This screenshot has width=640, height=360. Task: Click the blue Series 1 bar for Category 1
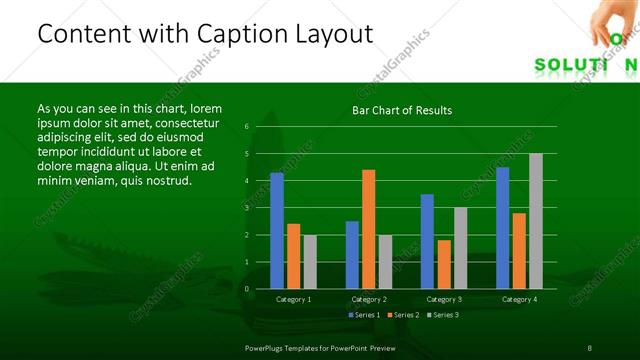pos(277,230)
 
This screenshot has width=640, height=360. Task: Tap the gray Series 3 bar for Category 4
pos(536,221)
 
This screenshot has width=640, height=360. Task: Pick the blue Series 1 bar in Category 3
pos(427,241)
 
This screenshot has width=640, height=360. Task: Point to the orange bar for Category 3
pos(443,264)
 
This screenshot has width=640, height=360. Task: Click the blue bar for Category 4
pos(503,228)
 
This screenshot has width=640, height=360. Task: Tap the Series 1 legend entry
pos(361,315)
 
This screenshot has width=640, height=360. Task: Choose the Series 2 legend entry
pos(402,315)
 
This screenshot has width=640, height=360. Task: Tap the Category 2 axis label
pos(369,299)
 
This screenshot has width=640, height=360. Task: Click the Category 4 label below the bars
pos(519,299)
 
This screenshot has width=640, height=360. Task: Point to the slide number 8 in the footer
pos(590,347)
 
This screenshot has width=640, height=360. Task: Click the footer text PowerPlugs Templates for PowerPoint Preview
pos(321,347)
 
